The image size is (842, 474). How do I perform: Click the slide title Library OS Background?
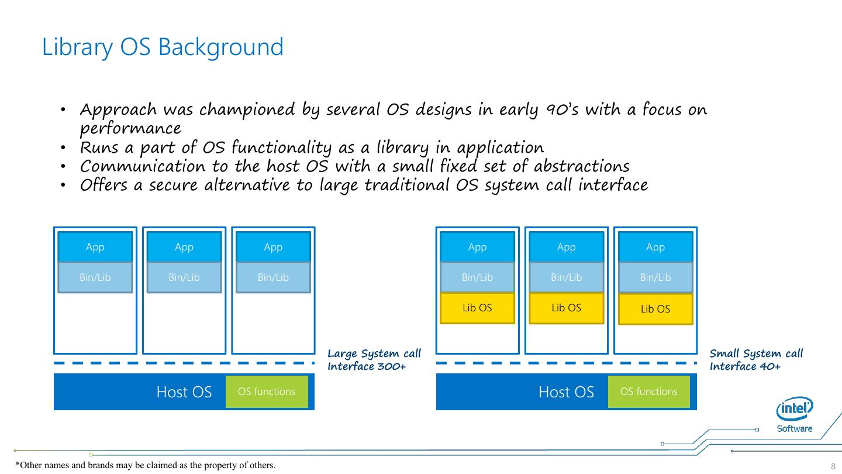coord(163,47)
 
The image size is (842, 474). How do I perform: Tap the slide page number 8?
coord(833,466)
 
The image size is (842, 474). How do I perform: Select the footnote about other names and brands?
coord(145,465)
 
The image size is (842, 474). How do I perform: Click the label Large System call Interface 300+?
coord(374,360)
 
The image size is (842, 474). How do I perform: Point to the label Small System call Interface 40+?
coord(756,360)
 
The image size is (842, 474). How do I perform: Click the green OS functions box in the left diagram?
coord(267,391)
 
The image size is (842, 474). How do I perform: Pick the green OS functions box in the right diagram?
coord(648,391)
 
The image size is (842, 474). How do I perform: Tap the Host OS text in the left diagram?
coord(184,392)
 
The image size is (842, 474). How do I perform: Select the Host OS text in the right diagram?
coord(565,392)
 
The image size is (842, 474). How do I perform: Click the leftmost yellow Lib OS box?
coord(477,308)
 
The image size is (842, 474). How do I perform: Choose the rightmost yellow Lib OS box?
coord(655,309)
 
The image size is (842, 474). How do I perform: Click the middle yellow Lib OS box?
coord(566,308)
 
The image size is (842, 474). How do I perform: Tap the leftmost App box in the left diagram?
coord(95,247)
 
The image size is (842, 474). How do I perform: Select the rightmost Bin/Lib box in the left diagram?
coord(273,277)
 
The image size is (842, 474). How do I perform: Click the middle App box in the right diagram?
coord(566,247)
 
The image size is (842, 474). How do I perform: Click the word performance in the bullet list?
coord(130,129)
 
